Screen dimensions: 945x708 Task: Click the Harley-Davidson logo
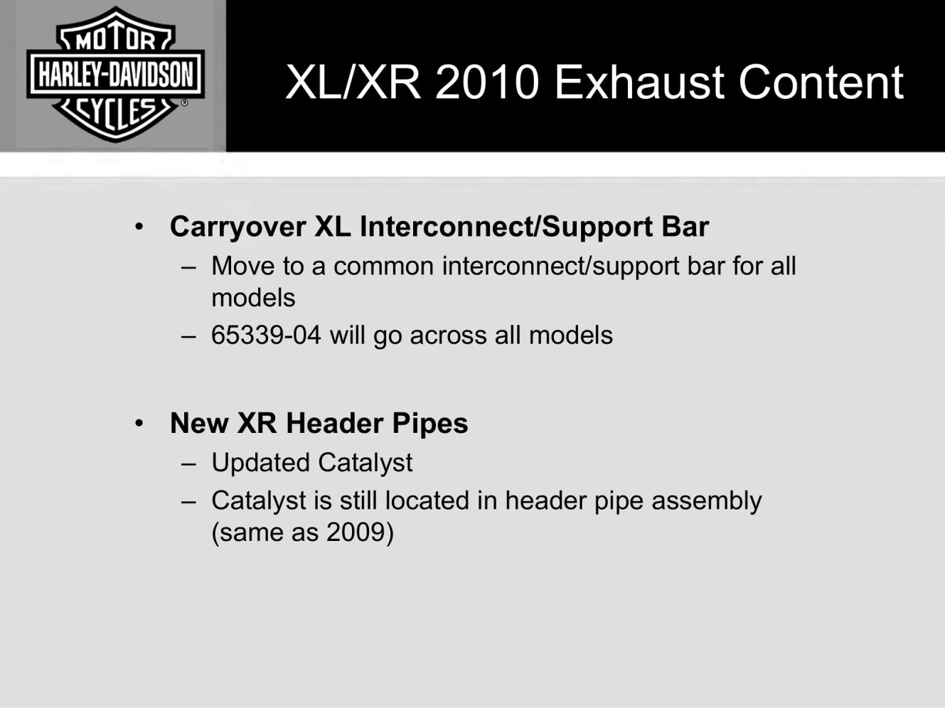tap(115, 74)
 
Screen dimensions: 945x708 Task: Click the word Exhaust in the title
tap(639, 82)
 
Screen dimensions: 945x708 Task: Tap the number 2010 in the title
tap(487, 82)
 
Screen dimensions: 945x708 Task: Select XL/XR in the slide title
tap(353, 82)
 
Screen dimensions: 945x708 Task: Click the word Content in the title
tap(821, 82)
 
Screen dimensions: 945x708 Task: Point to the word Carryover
tap(238, 227)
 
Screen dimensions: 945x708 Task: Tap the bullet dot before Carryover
tap(139, 227)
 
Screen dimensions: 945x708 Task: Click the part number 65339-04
tap(266, 335)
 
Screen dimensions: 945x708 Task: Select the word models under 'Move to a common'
tap(253, 298)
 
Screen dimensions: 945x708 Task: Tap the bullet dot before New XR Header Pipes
tap(139, 424)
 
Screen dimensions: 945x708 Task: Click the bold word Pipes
tap(429, 424)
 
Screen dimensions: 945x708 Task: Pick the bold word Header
tap(334, 423)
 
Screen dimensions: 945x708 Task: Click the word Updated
tap(261, 463)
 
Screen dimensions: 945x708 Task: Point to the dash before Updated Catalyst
tap(188, 465)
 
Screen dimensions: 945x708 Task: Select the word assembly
tap(707, 501)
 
